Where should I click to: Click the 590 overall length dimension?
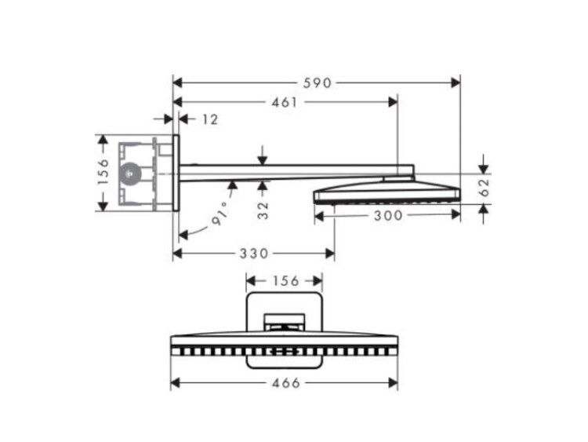pyautogui.click(x=318, y=83)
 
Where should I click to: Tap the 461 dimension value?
pyautogui.click(x=284, y=102)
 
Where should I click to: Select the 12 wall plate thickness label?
pyautogui.click(x=210, y=119)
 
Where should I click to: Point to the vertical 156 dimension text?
pyautogui.click(x=103, y=171)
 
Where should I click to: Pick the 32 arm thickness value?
pyautogui.click(x=263, y=210)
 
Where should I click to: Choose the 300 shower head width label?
pyautogui.click(x=388, y=216)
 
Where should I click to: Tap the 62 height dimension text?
pyautogui.click(x=485, y=188)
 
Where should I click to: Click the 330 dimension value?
pyautogui.click(x=254, y=254)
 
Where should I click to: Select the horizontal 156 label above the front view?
pyautogui.click(x=285, y=281)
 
